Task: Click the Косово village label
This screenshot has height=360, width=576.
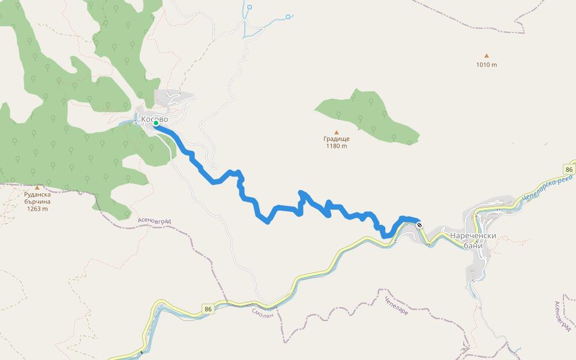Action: point(155,119)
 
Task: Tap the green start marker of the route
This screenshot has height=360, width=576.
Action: point(156,124)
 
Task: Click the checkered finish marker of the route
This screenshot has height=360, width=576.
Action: point(419,226)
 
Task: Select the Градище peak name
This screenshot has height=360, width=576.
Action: point(337,139)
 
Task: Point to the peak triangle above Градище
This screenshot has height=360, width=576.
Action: point(337,132)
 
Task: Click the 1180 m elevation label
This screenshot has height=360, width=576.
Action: point(337,146)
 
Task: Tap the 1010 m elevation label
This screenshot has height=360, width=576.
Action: point(487,64)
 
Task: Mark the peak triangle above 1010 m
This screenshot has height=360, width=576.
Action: point(487,56)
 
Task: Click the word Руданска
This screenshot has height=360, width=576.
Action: point(37,194)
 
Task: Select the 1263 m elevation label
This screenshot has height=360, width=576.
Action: point(37,209)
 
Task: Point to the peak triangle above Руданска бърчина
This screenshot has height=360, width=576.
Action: point(37,187)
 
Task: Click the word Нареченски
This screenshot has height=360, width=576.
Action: point(473,236)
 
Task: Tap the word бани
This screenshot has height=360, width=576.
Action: point(473,245)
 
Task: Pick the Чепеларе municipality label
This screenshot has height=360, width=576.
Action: point(396,306)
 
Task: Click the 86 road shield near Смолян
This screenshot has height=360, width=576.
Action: point(208,309)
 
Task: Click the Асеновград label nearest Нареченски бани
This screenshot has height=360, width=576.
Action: point(562,316)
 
